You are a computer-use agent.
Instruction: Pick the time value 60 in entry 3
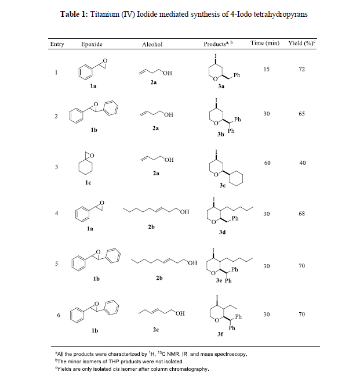click(267, 163)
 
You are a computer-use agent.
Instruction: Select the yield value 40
click(301, 163)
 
